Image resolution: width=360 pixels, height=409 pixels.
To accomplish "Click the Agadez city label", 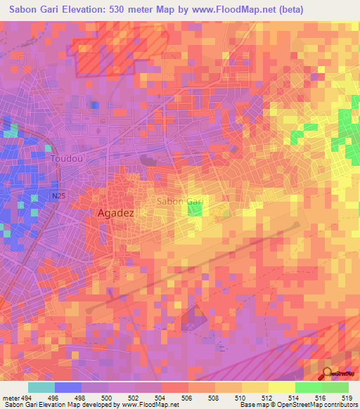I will click(x=115, y=212).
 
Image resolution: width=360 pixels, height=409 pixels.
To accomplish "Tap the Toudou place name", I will click(x=67, y=159).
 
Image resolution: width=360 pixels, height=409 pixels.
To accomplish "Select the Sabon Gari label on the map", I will click(x=180, y=202).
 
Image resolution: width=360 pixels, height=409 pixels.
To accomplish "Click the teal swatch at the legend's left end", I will click(x=41, y=387).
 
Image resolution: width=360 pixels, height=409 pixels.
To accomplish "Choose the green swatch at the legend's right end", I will click(x=335, y=387).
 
